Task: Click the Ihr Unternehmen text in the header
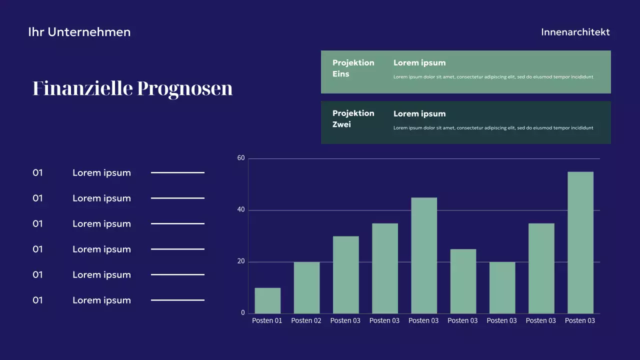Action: point(79,32)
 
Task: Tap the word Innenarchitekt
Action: point(575,32)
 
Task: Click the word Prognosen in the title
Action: point(184,88)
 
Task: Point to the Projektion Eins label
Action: point(353,68)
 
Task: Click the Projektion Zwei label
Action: point(353,119)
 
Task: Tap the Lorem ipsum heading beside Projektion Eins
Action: point(419,63)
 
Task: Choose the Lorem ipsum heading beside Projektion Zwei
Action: point(419,114)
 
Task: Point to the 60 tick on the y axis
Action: point(241,158)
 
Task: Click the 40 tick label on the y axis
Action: point(241,210)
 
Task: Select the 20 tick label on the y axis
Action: point(241,261)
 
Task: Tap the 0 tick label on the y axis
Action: point(243,313)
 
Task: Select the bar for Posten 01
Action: point(267,301)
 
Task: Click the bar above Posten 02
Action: point(306,288)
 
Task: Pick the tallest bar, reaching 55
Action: point(580,243)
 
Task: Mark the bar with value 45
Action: point(424,255)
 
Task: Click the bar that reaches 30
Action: point(345,275)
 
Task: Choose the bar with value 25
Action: point(463,281)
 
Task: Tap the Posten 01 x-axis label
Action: point(267,321)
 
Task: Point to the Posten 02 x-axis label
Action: point(306,321)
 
